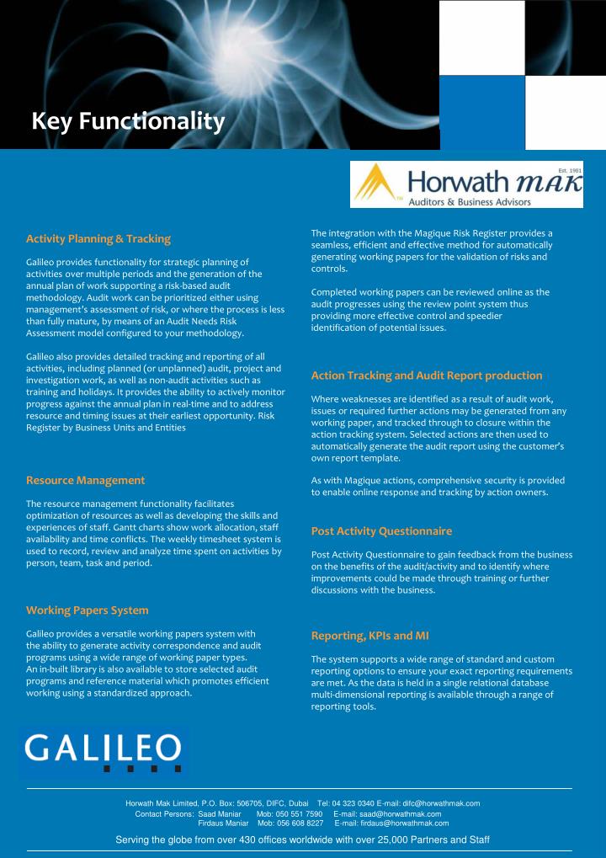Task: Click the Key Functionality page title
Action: [128, 123]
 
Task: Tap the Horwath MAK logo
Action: [466, 184]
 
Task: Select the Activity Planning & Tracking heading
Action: [98, 239]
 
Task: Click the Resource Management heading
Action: [86, 480]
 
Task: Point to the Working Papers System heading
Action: [88, 610]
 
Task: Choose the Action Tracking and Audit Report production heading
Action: [427, 375]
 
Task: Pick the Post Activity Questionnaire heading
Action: [381, 531]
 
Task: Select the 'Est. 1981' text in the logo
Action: [569, 170]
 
